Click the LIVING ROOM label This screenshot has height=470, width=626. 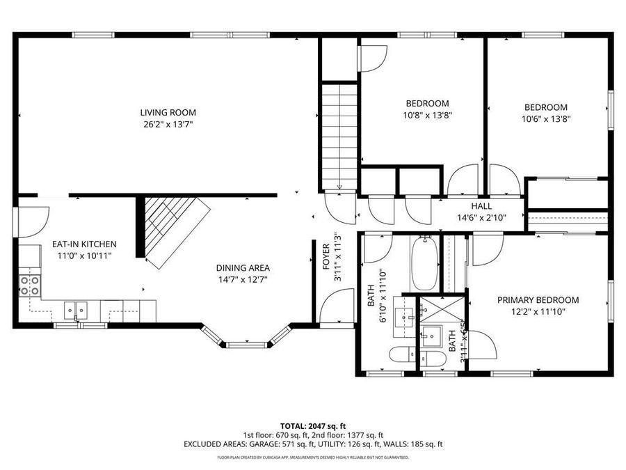click(x=168, y=112)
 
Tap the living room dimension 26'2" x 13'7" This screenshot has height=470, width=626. click(x=168, y=125)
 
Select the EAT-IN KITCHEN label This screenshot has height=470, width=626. click(x=84, y=244)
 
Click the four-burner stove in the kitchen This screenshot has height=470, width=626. click(x=30, y=285)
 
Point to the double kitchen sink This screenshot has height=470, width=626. click(x=76, y=309)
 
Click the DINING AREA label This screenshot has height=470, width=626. click(x=243, y=267)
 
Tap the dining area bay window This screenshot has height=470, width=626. click(x=246, y=343)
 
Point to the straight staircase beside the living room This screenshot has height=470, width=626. click(x=339, y=136)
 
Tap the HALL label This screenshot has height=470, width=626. click(x=481, y=206)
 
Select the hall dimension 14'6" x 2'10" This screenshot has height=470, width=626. click(x=481, y=217)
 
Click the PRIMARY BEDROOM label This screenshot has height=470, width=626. click(x=538, y=300)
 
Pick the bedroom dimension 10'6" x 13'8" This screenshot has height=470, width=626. click(x=546, y=118)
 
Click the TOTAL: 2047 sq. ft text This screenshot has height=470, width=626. click(x=312, y=425)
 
